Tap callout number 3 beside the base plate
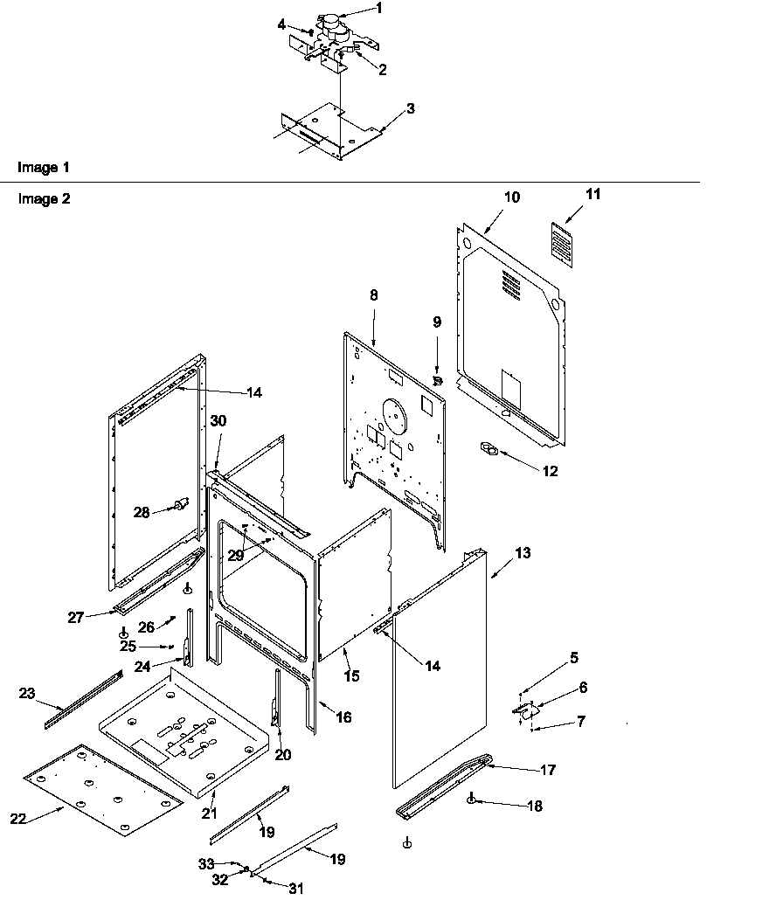(x=410, y=109)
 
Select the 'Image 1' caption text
(x=44, y=166)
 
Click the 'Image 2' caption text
(x=44, y=198)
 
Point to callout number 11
(x=593, y=195)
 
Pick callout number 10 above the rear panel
(x=511, y=197)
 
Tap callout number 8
(x=374, y=295)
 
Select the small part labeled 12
(x=490, y=451)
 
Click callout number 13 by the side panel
(x=523, y=553)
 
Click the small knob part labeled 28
(x=183, y=503)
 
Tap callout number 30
(x=218, y=420)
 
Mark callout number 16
(x=344, y=717)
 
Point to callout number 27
(x=75, y=617)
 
